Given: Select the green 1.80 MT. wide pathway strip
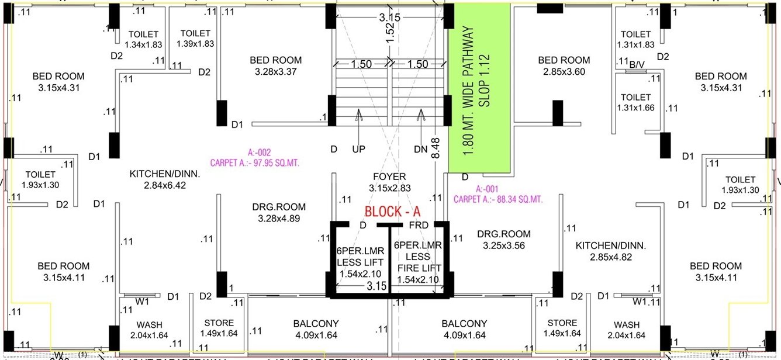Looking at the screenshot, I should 479,88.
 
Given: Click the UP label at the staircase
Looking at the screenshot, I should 358,150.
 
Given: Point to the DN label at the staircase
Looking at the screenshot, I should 420,150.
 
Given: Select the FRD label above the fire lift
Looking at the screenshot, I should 419,225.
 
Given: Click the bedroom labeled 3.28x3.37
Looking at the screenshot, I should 275,65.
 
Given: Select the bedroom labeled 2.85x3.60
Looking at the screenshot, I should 564,65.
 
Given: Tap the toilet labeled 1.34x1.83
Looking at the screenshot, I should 143,39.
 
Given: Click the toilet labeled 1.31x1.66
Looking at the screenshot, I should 635,102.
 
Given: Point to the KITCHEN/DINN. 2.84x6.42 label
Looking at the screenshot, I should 164,179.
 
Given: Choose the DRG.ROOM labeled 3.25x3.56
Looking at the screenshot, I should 503,240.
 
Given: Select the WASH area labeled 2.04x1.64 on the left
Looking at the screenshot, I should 149,330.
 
